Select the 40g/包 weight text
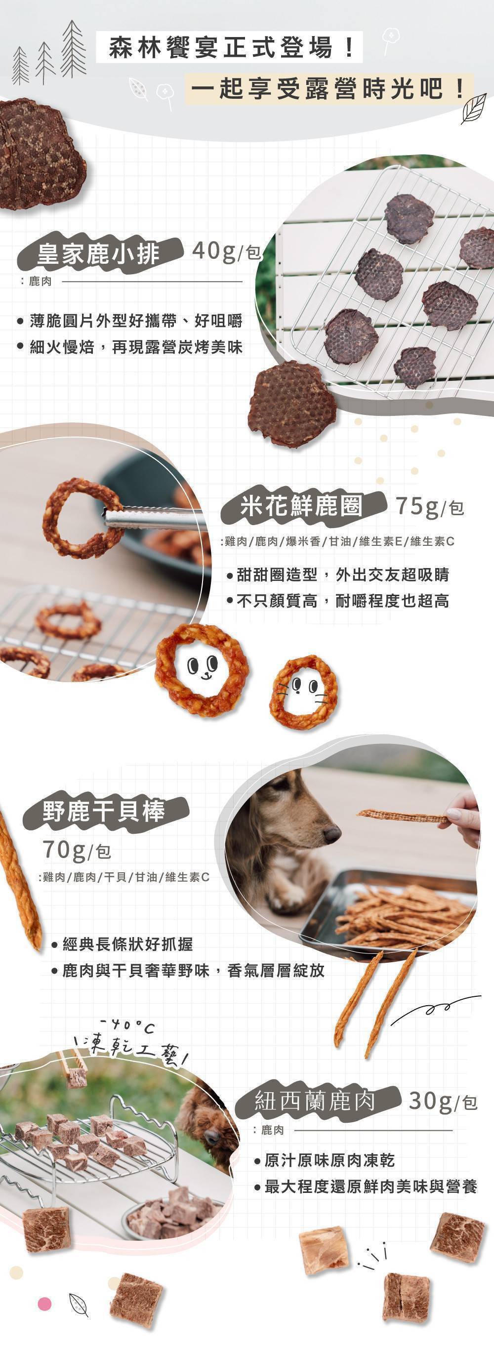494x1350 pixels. [x=226, y=251]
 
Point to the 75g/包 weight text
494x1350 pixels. [x=430, y=507]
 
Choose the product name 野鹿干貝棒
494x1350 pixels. [x=104, y=811]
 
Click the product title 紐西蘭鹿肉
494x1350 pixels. [x=315, y=1101]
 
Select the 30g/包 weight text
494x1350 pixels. [x=443, y=1102]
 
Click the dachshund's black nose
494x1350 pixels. [x=331, y=834]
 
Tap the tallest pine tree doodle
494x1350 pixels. [x=73, y=50]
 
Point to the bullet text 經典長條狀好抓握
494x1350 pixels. [x=122, y=944]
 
